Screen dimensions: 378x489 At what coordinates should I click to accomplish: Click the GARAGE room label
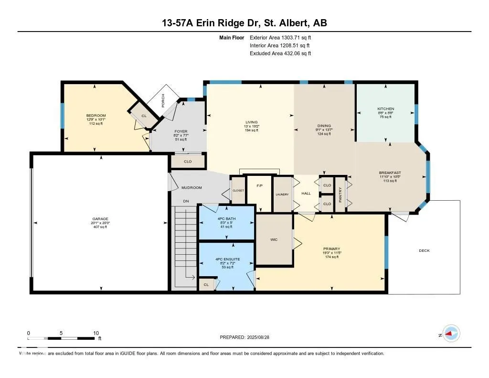coord(100,219)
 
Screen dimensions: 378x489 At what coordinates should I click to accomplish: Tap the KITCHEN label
coord(386,109)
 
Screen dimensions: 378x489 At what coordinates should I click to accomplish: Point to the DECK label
coord(424,250)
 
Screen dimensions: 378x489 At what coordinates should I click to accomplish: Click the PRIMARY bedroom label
coord(331,249)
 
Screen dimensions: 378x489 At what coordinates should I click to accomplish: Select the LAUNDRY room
coord(282,194)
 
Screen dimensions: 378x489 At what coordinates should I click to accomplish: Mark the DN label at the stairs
coord(186,201)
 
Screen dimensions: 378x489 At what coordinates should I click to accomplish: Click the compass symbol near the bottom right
coord(450,334)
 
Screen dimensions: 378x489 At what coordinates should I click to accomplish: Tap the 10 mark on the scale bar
coord(96,333)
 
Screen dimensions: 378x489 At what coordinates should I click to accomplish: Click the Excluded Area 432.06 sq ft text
coord(280,54)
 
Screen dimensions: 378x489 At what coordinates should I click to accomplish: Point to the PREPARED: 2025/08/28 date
coord(248,337)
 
